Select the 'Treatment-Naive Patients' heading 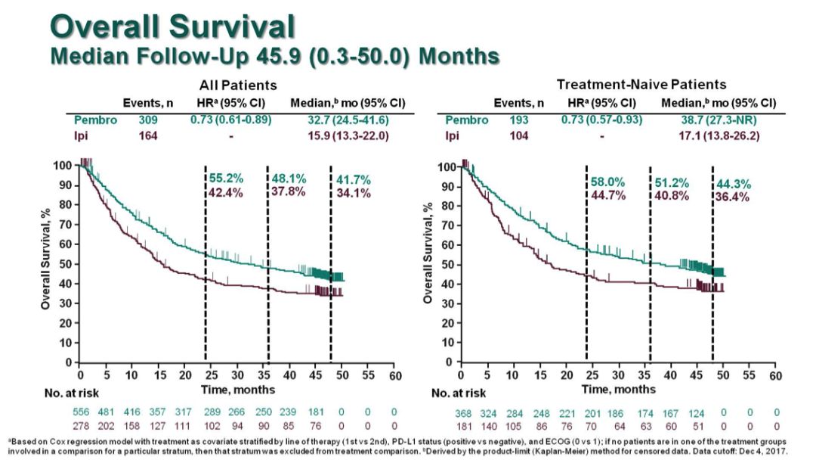coord(641,85)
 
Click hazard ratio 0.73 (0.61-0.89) coord(230,120)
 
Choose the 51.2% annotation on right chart coord(668,182)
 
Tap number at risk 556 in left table coord(80,412)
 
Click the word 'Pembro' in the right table coord(462,120)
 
